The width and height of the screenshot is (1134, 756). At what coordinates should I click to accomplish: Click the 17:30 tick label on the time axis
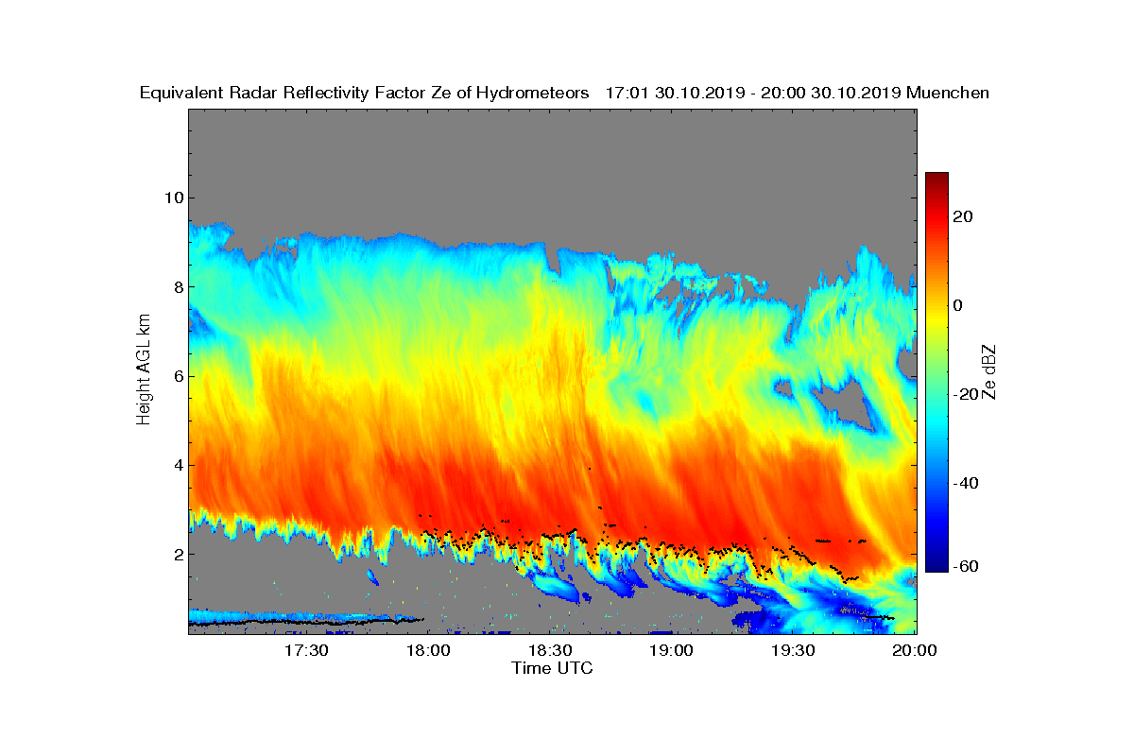306,650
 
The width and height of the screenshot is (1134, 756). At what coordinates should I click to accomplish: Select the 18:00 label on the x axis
428,650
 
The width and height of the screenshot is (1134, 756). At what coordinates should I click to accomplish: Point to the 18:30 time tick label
550,650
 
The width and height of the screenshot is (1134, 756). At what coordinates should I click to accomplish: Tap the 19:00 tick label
671,650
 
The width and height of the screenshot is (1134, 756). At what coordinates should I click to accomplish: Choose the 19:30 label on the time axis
793,650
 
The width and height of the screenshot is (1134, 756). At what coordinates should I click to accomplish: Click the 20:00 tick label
915,650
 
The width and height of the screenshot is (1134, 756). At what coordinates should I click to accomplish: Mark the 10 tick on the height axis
174,198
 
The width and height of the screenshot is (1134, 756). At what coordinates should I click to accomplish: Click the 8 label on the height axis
180,287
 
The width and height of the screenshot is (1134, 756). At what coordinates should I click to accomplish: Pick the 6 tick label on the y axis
180,376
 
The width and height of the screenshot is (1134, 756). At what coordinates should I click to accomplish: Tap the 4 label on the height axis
180,465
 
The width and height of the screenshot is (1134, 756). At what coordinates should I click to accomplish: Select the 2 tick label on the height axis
180,555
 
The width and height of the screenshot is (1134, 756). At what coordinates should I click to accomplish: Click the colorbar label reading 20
963,216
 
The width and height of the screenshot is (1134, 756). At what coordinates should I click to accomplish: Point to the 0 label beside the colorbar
958,305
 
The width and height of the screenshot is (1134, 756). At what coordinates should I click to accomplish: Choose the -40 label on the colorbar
966,483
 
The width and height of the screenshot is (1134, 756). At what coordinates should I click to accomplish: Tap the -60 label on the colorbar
966,566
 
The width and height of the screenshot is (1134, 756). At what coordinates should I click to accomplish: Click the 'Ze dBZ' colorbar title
988,372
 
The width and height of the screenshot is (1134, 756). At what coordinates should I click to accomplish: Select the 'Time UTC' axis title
552,668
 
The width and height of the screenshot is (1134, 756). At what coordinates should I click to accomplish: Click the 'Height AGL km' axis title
144,369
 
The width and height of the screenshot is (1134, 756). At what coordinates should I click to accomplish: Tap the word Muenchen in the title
948,93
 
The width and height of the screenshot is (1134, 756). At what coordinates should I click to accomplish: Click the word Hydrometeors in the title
533,94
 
